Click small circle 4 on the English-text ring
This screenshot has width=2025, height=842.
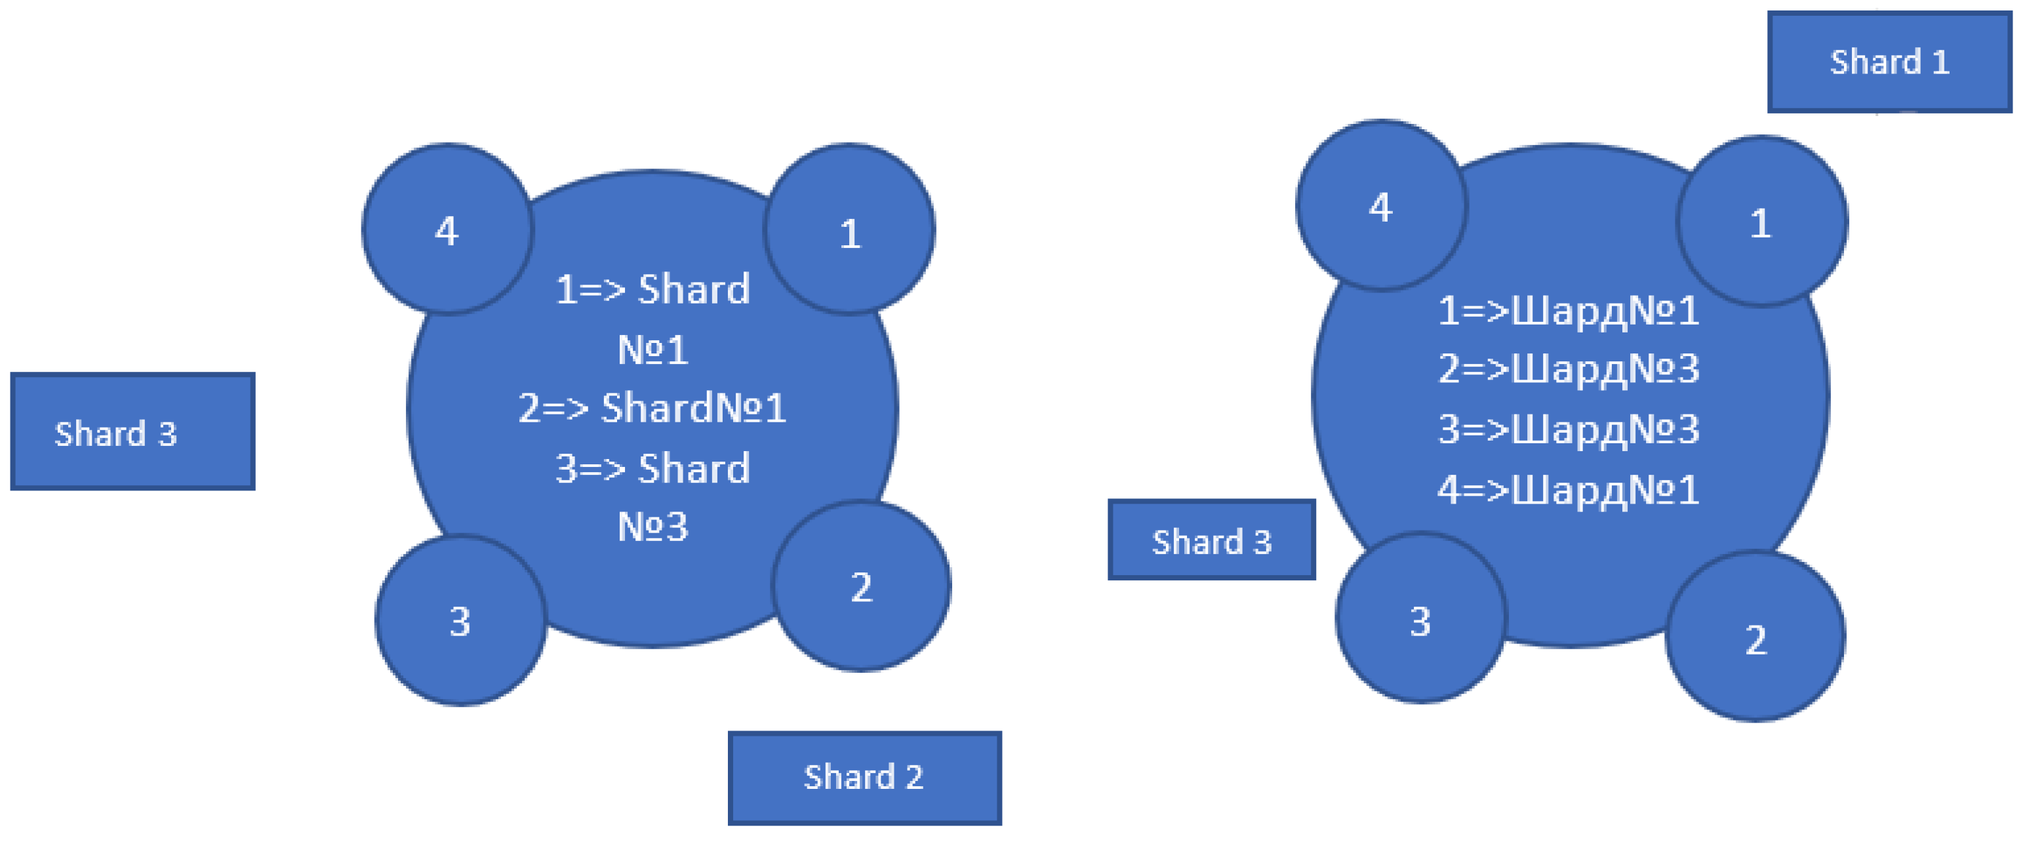click(447, 230)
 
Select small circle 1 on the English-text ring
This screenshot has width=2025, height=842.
click(850, 230)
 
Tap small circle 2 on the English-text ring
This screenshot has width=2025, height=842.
click(862, 586)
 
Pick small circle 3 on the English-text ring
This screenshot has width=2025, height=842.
click(460, 621)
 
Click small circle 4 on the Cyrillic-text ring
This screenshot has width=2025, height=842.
click(1381, 206)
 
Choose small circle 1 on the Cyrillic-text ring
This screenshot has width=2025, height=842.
click(1761, 222)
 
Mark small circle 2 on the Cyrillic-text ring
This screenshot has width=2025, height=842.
click(1755, 637)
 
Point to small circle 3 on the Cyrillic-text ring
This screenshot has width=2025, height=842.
click(1420, 619)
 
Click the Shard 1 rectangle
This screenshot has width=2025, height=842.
click(1889, 62)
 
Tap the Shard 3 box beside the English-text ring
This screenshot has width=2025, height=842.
click(132, 431)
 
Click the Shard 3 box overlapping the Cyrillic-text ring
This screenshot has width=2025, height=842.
click(1211, 540)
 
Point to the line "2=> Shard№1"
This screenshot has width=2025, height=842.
click(652, 408)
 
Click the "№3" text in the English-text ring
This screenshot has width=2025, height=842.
click(652, 526)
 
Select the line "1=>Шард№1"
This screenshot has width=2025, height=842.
click(1569, 311)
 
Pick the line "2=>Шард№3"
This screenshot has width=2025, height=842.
click(1569, 369)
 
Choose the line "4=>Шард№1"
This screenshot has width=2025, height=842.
click(1569, 490)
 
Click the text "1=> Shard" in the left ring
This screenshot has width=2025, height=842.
click(652, 289)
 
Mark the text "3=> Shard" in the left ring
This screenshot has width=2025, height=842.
click(652, 469)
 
